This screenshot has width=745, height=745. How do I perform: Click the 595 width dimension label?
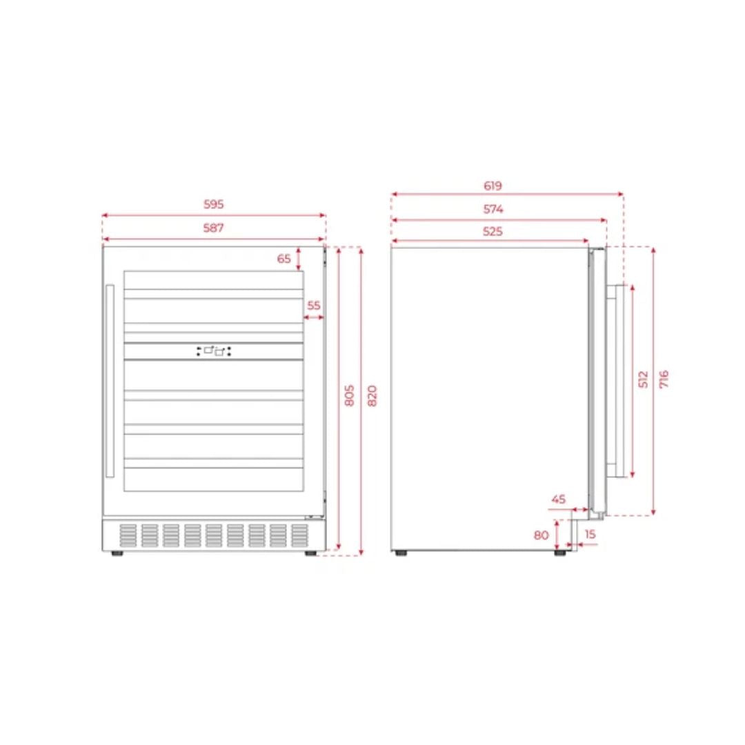(x=213, y=204)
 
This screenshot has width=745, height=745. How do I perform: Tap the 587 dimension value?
(x=213, y=228)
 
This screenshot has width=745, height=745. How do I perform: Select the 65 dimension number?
(x=284, y=259)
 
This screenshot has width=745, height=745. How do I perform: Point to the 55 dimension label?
(x=314, y=306)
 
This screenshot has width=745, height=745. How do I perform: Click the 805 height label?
(x=349, y=395)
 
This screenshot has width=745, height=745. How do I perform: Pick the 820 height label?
(x=372, y=396)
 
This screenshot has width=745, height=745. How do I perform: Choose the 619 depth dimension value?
(x=493, y=186)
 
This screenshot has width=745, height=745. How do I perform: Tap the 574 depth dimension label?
(x=493, y=209)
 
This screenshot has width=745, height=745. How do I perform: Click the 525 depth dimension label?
(x=493, y=231)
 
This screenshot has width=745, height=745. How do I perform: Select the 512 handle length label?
(x=643, y=379)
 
